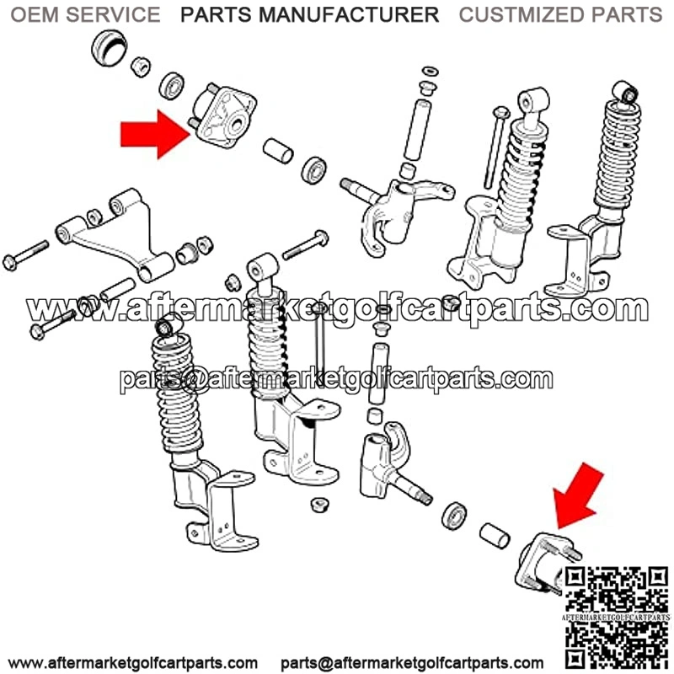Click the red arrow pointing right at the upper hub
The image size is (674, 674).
point(156,134)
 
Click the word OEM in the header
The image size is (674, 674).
point(35,14)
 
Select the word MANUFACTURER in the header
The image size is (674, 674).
point(349,14)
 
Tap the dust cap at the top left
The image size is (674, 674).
point(110,47)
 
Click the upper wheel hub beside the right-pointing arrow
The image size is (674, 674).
point(222,115)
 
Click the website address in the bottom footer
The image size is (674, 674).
point(132,663)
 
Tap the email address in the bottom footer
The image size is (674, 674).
point(412,663)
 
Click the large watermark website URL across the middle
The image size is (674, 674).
point(338,308)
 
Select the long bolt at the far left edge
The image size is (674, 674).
point(25,256)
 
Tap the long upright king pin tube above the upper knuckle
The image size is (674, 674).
point(416,129)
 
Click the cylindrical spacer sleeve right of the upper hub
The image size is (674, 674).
point(278,151)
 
